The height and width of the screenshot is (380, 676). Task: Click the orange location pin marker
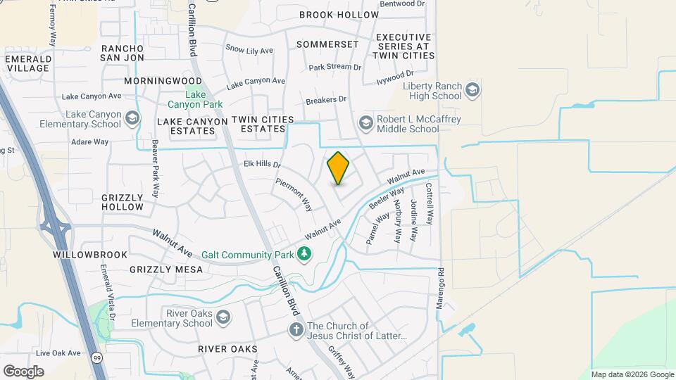[x=338, y=168]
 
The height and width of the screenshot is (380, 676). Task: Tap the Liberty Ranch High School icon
[x=472, y=90]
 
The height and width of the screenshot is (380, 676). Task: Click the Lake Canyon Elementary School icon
[x=132, y=118]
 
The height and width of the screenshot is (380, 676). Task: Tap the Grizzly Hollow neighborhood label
[x=123, y=202]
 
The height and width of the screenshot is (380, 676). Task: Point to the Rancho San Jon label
[x=123, y=53]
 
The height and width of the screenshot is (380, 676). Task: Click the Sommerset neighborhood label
[x=327, y=44]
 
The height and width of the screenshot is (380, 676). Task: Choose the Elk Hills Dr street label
[x=262, y=165]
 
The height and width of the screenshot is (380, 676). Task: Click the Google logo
[x=23, y=371]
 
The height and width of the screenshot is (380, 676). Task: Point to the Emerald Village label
[x=28, y=63]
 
